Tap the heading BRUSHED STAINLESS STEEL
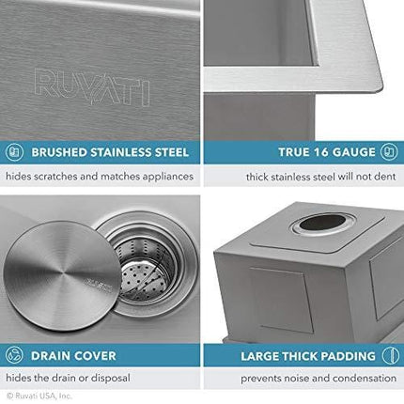pyautogui.click(x=111, y=150)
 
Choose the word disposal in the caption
pyautogui.click(x=158, y=379)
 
